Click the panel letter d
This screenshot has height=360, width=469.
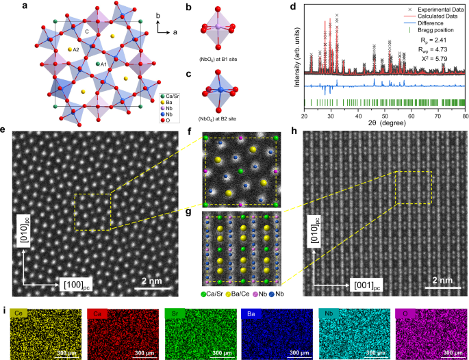click(293, 8)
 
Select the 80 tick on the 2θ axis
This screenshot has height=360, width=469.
click(465, 116)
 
